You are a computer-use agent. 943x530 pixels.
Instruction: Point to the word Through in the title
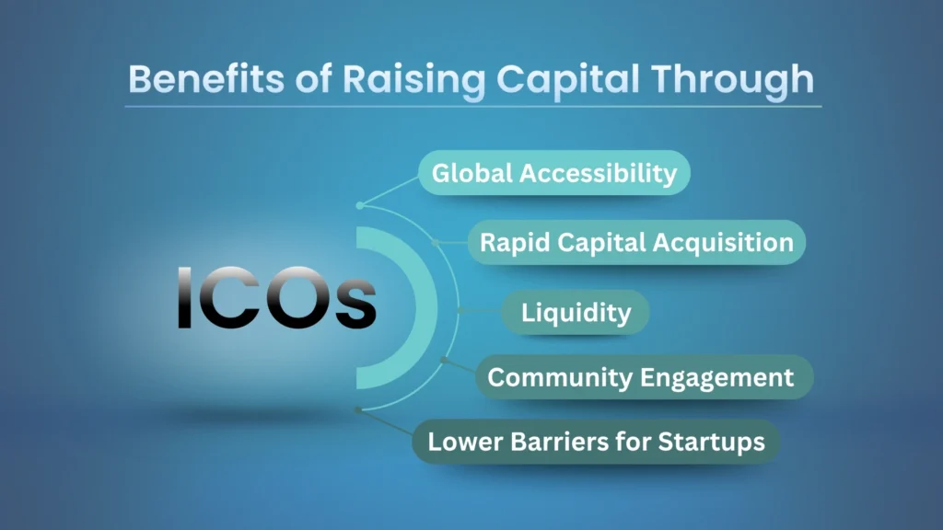click(x=737, y=79)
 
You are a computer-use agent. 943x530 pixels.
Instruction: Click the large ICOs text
click(x=276, y=298)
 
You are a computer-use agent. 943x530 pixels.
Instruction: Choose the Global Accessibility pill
click(x=554, y=173)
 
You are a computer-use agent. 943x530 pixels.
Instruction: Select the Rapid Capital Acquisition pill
click(x=636, y=243)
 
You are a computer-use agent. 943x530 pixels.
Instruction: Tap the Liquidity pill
click(x=576, y=312)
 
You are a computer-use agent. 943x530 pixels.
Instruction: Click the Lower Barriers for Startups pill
click(x=596, y=442)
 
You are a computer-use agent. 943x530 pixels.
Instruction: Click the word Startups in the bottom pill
click(x=712, y=442)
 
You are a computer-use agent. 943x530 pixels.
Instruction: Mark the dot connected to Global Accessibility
click(x=359, y=205)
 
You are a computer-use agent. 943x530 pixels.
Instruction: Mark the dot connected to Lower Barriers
click(x=358, y=410)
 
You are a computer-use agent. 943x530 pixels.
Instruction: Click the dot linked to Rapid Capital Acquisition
click(x=436, y=242)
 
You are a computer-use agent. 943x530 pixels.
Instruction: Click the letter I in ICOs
click(x=184, y=298)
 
